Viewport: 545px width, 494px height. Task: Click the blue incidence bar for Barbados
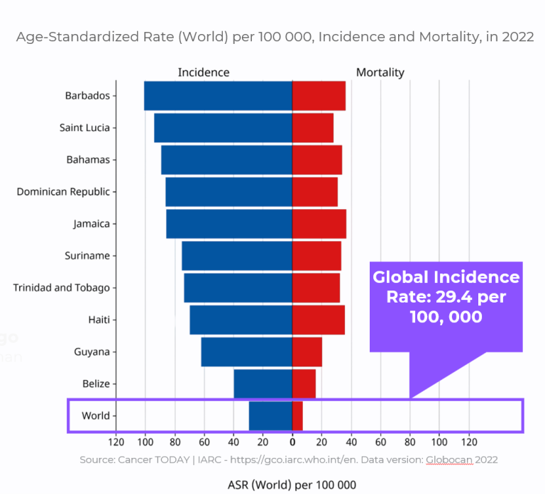pyautogui.click(x=218, y=96)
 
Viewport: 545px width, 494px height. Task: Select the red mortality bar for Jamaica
pyautogui.click(x=319, y=224)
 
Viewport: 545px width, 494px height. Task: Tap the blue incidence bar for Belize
pyautogui.click(x=263, y=383)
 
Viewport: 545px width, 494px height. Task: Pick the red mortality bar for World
pyautogui.click(x=297, y=415)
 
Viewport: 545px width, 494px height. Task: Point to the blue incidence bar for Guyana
pyautogui.click(x=246, y=352)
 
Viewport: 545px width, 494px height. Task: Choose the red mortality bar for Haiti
pyautogui.click(x=319, y=320)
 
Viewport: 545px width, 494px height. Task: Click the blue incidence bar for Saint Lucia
pyautogui.click(x=223, y=128)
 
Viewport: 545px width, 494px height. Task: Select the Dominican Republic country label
pyautogui.click(x=63, y=191)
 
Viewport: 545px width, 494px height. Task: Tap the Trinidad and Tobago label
pyautogui.click(x=62, y=288)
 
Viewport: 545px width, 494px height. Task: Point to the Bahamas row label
pyautogui.click(x=88, y=159)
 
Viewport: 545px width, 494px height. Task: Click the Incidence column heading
pyautogui.click(x=204, y=72)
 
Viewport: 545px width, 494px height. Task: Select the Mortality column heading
pyautogui.click(x=380, y=72)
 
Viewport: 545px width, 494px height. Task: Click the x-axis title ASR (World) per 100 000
pyautogui.click(x=292, y=485)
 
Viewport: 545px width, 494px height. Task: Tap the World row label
pyautogui.click(x=96, y=415)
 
